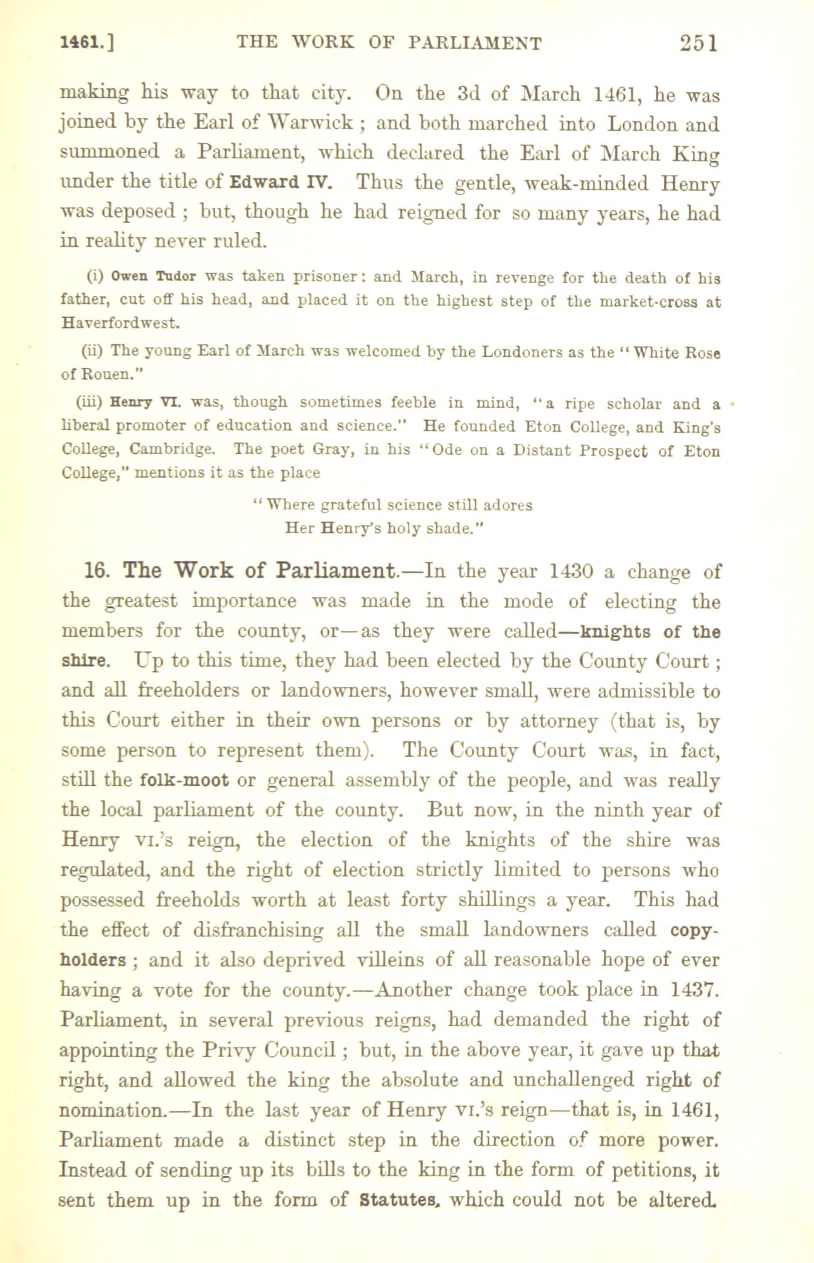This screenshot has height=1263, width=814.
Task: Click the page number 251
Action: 699,42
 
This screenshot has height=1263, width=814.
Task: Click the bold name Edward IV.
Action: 281,184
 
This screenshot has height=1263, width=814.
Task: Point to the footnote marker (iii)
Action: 92,402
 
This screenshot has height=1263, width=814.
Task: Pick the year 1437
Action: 695,990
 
